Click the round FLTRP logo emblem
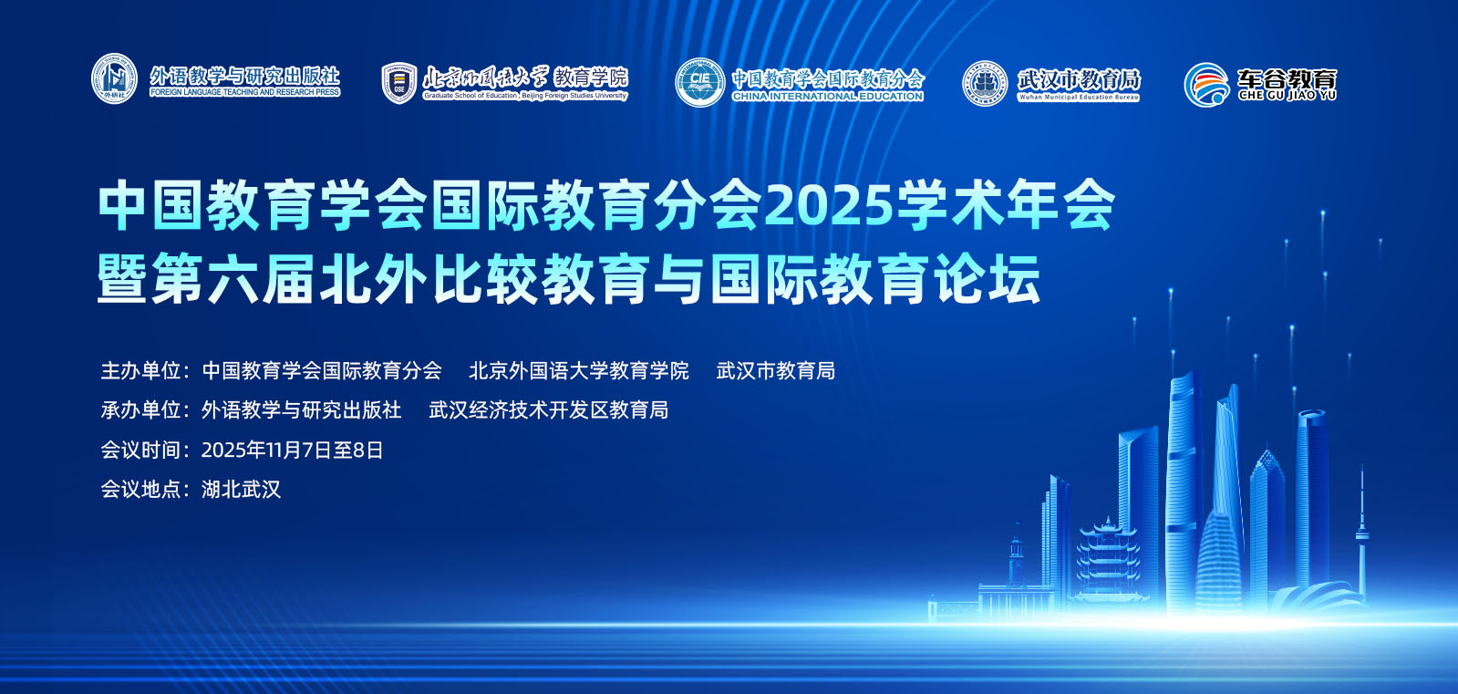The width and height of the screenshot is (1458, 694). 114,78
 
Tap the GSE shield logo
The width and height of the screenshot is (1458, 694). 399,83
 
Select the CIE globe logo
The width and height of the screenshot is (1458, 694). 699,83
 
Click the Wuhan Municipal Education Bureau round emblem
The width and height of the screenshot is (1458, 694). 984,83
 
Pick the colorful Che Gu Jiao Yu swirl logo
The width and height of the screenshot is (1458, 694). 1206,85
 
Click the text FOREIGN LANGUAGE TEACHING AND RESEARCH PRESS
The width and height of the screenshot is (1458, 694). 244,92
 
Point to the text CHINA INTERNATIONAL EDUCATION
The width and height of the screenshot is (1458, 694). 827,97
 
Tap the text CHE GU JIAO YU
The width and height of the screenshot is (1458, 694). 1287,95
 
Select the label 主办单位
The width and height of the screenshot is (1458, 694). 140,370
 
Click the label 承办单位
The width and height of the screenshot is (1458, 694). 140,410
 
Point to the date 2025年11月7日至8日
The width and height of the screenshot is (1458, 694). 293,450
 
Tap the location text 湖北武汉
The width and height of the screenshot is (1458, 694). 242,490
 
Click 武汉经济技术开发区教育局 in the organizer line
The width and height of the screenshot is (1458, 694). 549,410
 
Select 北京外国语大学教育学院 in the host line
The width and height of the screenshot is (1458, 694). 579,370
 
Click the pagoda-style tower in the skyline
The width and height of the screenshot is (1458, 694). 1107,559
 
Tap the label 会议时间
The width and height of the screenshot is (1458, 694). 140,450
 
